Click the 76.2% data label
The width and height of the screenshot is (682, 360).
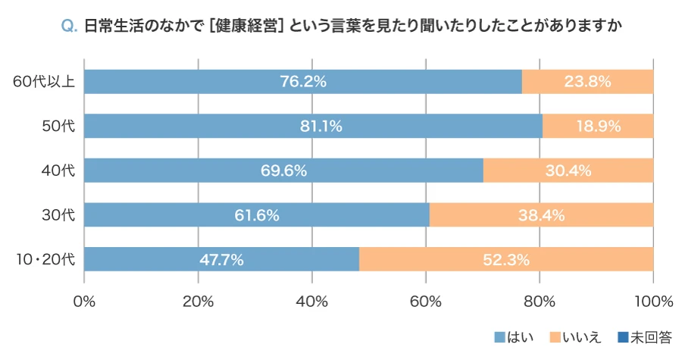[302, 82]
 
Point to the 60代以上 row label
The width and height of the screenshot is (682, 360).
[44, 82]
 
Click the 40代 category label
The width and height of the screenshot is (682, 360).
[58, 171]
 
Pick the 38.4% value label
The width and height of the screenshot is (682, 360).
[541, 215]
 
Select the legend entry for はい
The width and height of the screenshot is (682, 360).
[514, 337]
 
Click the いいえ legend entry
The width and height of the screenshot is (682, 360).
[574, 337]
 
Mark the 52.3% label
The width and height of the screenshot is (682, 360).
[505, 260]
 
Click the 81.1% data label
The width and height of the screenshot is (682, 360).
[321, 127]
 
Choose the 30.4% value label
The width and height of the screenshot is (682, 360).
[568, 171]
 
